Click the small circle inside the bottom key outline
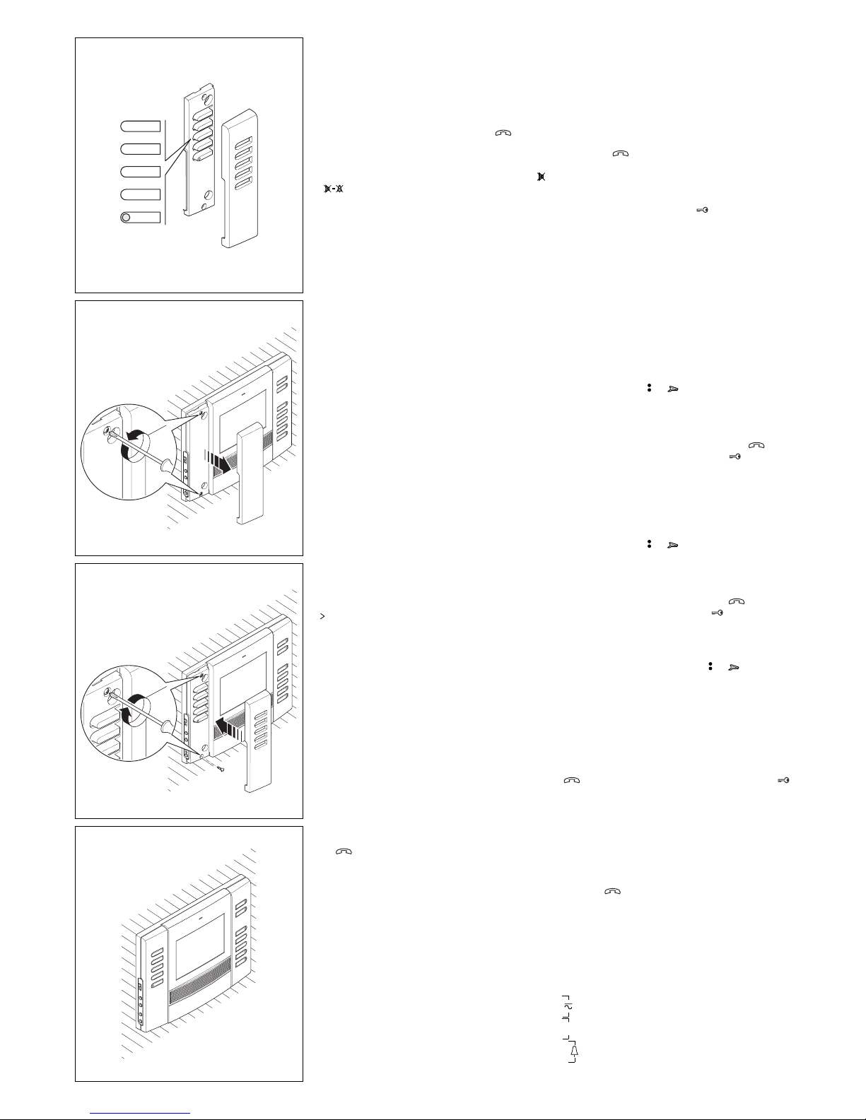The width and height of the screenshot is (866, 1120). click(125, 218)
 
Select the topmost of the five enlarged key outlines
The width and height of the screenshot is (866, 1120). click(140, 126)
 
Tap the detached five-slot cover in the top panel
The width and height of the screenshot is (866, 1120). click(244, 183)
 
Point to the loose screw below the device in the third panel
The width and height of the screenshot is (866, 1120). click(219, 768)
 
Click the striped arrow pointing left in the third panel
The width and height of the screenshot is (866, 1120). click(233, 726)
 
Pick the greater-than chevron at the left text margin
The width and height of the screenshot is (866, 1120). click(322, 617)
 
